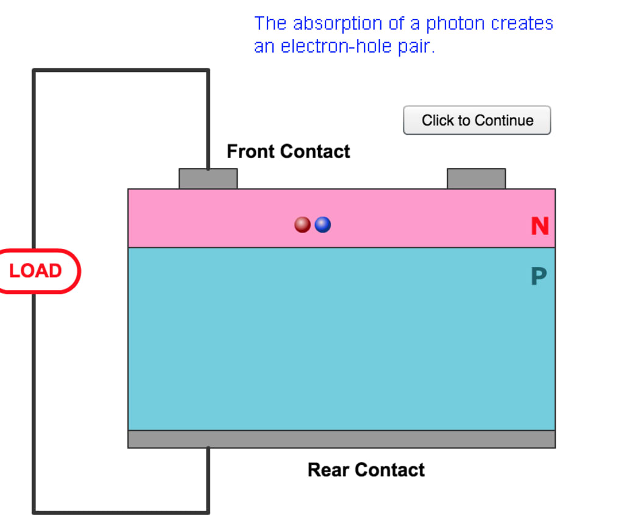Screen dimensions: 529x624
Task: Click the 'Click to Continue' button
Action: point(477,120)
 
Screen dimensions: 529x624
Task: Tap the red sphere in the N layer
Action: point(302,225)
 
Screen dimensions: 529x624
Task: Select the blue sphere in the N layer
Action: point(323,225)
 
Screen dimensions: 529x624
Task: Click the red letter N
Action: point(539,226)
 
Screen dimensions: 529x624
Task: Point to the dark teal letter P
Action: point(538,277)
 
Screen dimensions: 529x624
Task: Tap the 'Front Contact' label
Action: point(288,151)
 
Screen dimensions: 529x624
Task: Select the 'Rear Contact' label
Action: point(366,470)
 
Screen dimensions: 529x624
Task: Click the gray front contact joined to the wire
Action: point(208,179)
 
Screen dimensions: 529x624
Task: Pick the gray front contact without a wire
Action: point(476,179)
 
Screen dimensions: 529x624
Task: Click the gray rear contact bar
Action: point(341,439)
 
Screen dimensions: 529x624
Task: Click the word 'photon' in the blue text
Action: point(454,24)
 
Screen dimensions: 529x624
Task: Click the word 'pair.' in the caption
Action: point(417,46)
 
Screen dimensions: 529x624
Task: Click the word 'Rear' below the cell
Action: point(329,470)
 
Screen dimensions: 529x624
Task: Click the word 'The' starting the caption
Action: point(270,24)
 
